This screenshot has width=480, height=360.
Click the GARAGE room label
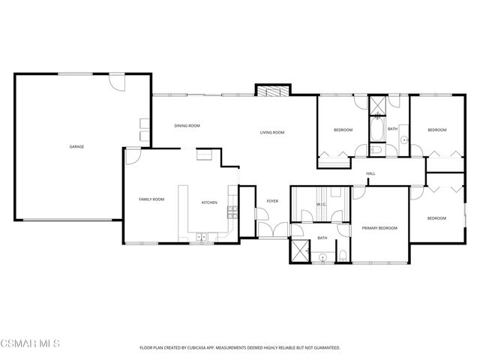[x=76, y=146]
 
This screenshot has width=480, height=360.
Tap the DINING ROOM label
[x=186, y=125]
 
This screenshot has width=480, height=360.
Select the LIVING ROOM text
[x=272, y=133]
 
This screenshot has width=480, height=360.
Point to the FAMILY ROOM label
[x=151, y=199]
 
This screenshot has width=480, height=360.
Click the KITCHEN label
[x=209, y=202]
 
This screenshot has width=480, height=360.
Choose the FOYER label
[x=272, y=201]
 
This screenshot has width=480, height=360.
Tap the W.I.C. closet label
[x=320, y=203]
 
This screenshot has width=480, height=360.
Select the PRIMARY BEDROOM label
[x=379, y=228]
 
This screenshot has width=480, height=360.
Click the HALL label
[x=370, y=174]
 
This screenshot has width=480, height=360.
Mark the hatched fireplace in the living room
[x=271, y=91]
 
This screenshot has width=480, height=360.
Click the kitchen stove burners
[x=232, y=211]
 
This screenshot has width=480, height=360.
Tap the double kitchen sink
[x=201, y=238]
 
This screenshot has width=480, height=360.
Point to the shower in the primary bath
[x=300, y=250]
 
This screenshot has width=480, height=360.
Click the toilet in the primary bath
[x=343, y=256]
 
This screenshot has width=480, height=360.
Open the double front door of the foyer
[x=272, y=228]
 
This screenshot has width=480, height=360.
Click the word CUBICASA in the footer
[x=212, y=348]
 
